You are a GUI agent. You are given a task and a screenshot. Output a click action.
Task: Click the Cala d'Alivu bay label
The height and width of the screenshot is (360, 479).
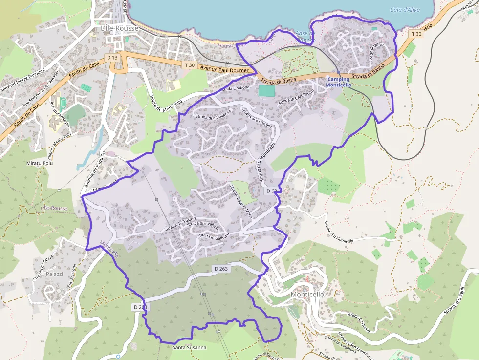point(405,10)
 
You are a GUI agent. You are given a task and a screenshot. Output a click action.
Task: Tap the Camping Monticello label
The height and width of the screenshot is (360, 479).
point(338,82)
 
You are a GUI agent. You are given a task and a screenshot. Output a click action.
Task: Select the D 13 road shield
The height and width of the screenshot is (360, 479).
point(112,58)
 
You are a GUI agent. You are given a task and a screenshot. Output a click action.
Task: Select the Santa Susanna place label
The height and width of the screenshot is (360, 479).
point(189,348)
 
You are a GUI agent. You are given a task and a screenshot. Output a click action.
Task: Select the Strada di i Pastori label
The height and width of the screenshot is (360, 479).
point(181,224)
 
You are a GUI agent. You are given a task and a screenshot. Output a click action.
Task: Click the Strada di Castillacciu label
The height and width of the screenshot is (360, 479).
point(296,96)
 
